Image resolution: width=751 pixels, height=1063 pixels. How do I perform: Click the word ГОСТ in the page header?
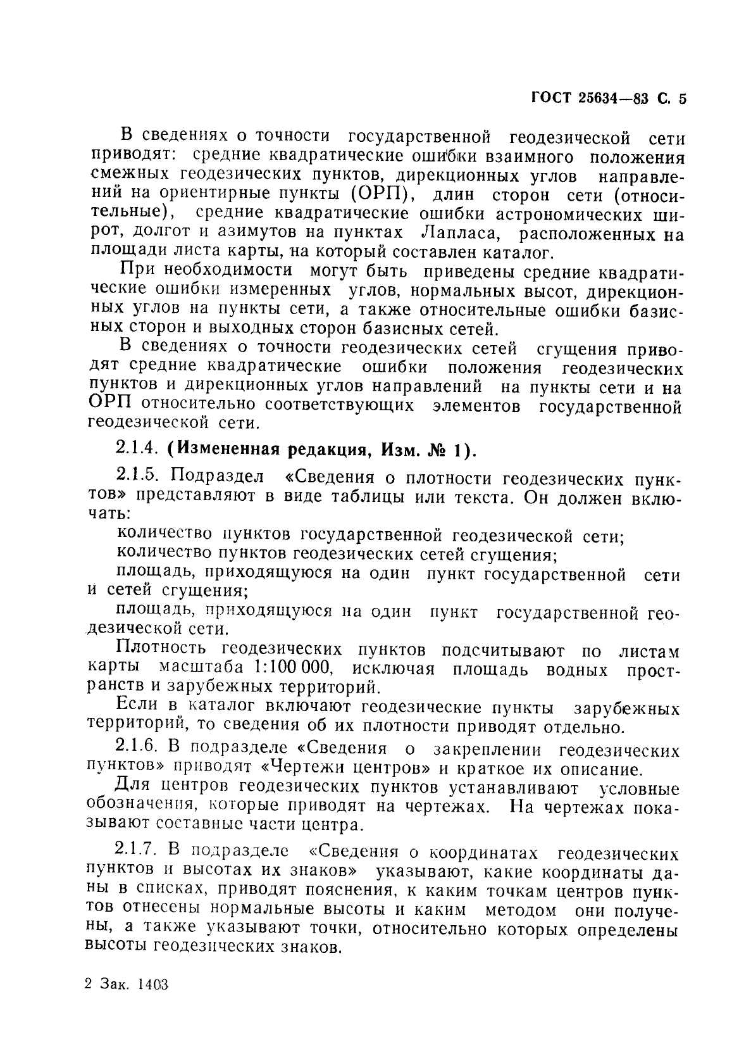click(x=550, y=98)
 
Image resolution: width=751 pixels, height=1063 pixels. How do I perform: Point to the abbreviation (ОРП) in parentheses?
click(x=372, y=192)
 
